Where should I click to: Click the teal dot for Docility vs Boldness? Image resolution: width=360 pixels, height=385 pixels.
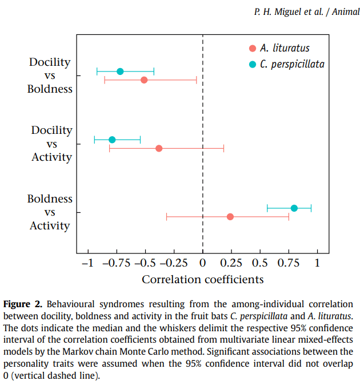point(120,72)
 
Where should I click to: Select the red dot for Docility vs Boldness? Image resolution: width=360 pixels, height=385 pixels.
point(144,80)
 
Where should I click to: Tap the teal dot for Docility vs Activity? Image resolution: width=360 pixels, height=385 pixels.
point(112,140)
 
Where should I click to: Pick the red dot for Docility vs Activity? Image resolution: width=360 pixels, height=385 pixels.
point(159,149)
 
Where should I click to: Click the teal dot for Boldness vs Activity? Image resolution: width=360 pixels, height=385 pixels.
point(294,208)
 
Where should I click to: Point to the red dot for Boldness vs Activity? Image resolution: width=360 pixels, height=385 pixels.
point(230,217)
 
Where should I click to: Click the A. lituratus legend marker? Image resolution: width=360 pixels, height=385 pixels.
point(252,48)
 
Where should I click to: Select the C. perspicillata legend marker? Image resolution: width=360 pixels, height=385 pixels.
point(252,64)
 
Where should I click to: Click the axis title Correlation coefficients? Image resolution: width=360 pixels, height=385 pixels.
point(202,279)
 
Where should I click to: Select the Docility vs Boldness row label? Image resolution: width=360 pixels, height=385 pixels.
point(50,76)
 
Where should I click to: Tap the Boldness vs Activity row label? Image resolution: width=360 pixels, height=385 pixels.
point(50,212)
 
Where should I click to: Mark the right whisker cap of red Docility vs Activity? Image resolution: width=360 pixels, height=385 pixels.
point(223,149)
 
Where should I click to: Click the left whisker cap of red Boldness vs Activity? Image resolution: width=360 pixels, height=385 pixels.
point(166,217)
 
